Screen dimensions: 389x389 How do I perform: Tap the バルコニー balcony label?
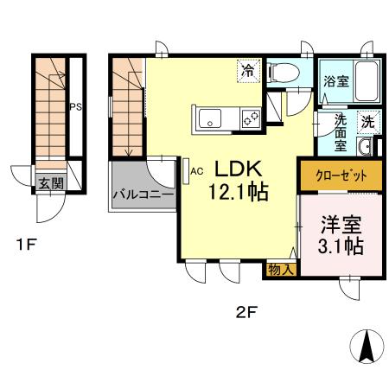[143, 194]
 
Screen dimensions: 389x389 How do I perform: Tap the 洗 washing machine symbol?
[367, 122]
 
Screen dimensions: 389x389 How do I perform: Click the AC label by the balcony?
[196, 170]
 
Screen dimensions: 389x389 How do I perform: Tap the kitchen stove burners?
[251, 119]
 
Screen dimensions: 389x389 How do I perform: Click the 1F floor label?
[25, 245]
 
